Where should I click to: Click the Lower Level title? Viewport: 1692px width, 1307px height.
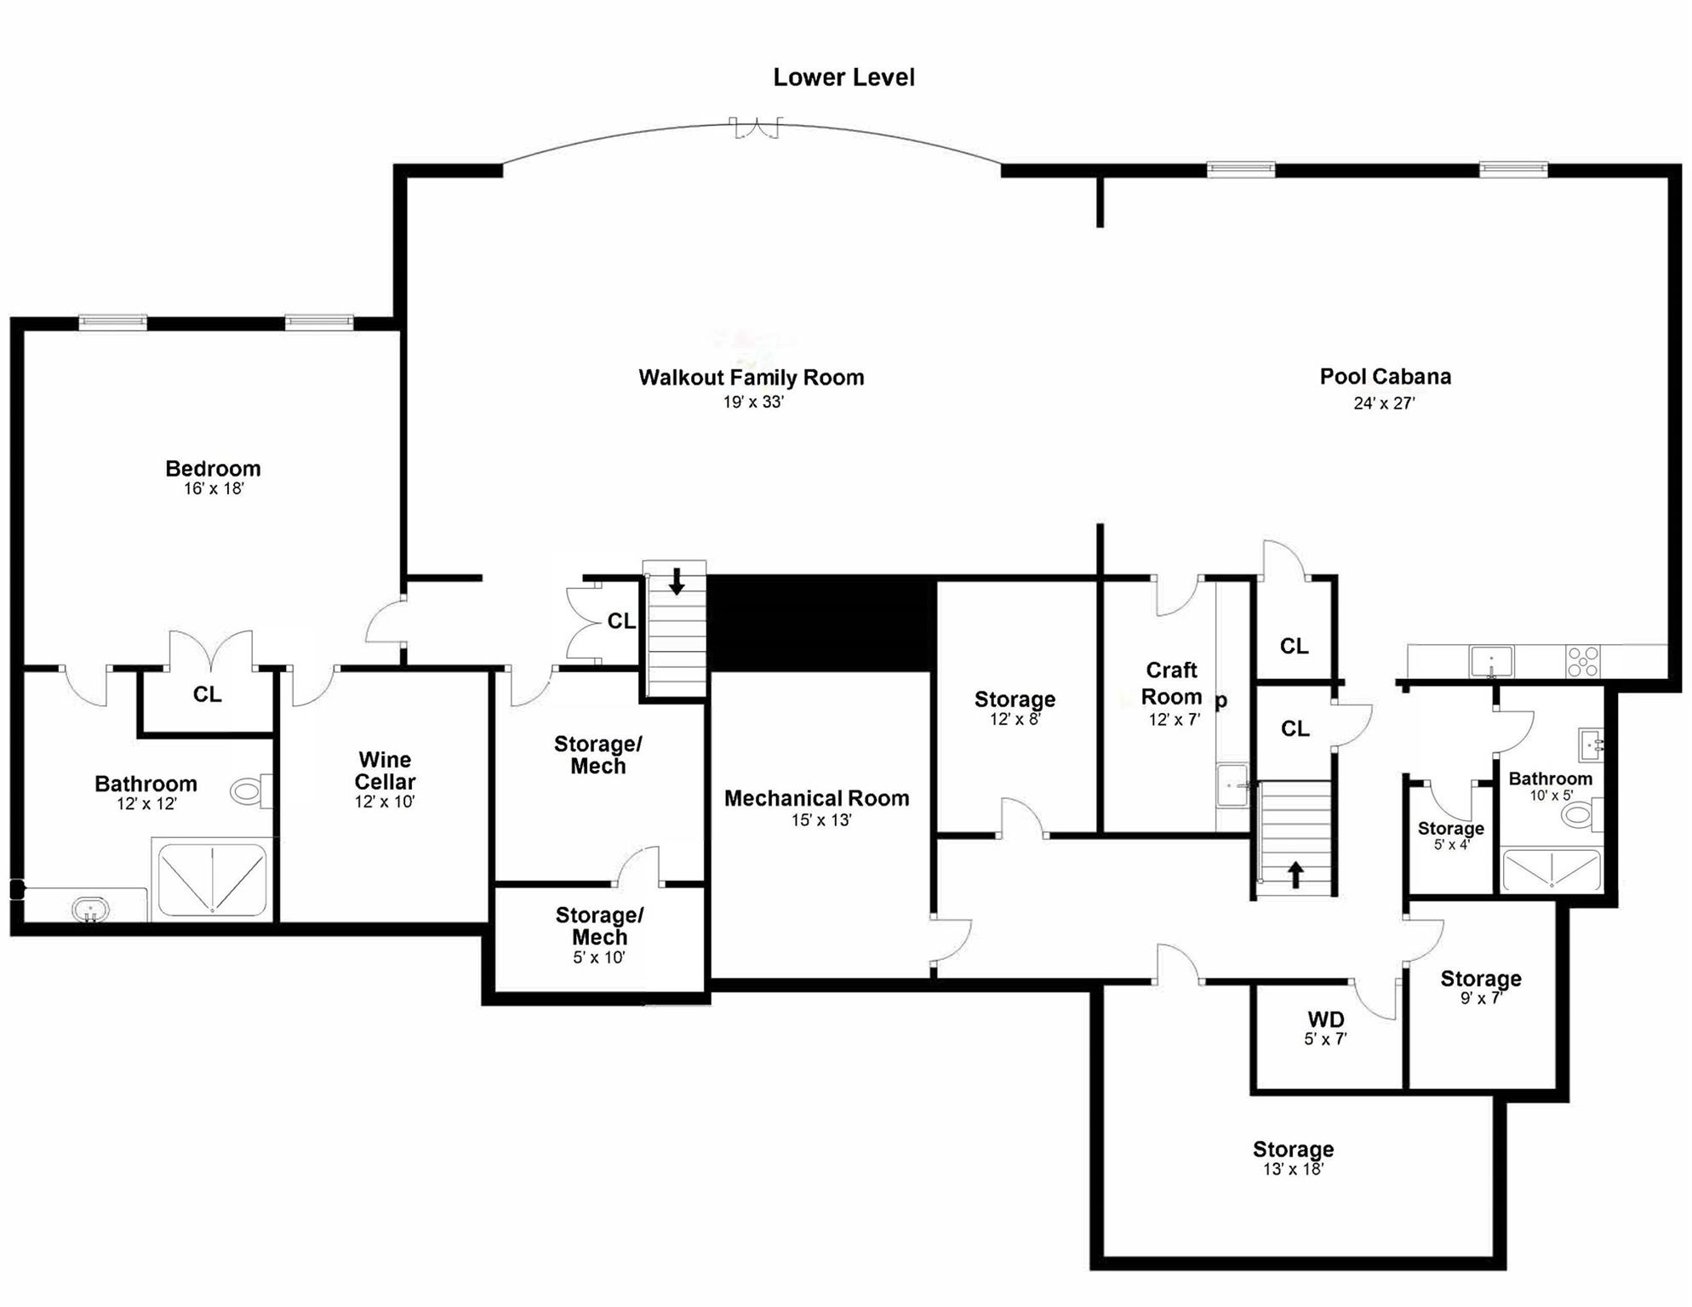coord(843,77)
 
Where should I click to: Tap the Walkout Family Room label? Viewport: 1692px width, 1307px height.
coord(752,378)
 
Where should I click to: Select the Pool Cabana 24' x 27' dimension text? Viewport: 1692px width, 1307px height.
coord(1384,403)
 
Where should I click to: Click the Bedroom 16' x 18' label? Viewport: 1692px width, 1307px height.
coord(213,477)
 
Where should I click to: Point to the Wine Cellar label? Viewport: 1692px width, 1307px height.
coord(385,771)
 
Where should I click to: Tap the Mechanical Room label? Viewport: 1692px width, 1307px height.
coord(816,798)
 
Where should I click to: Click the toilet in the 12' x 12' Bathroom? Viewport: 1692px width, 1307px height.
coord(249,792)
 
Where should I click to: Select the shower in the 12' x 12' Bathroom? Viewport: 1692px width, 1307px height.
coord(212,879)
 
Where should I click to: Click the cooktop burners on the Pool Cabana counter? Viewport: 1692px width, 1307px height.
coord(1583,661)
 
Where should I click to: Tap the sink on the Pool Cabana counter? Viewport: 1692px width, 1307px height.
coord(1491,661)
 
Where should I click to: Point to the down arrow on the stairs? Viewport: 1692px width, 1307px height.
coord(677,581)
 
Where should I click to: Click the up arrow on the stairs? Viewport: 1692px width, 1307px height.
coord(1295,874)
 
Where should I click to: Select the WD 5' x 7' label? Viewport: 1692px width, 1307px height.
coord(1325,1027)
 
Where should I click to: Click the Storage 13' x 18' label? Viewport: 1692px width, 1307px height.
coord(1293,1158)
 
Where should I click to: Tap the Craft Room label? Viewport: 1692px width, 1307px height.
coord(1171,683)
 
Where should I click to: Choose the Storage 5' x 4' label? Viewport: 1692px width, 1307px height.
coord(1450,835)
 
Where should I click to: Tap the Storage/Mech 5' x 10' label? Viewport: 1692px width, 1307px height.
coord(599,935)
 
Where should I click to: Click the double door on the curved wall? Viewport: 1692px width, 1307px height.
coord(756,128)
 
